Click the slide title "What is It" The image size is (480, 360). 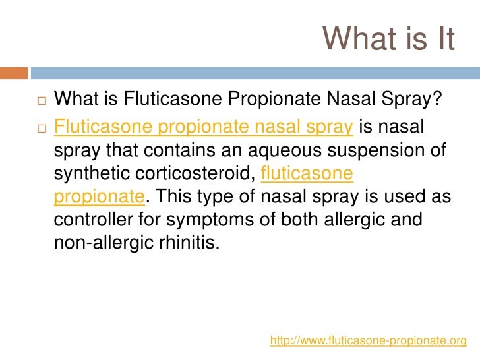click(389, 40)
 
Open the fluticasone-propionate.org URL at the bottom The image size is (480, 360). click(369, 340)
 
